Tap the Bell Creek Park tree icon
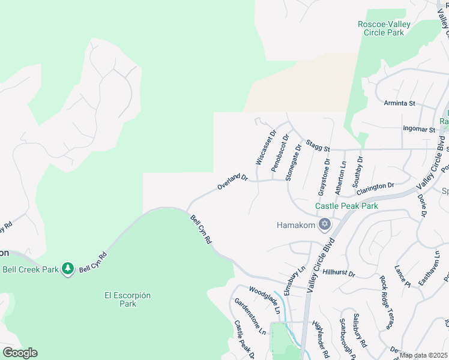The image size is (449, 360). click(x=68, y=268)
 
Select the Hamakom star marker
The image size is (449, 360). click(x=325, y=225)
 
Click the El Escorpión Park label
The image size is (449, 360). click(x=127, y=299)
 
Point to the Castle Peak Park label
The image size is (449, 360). click(x=347, y=206)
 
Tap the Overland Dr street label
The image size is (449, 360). click(x=233, y=182)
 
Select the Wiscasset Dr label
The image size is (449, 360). click(x=265, y=148)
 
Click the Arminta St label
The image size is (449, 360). click(x=400, y=103)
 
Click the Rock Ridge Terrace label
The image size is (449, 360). click(x=386, y=302)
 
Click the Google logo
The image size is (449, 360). click(x=20, y=353)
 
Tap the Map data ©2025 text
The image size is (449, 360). click(x=423, y=355)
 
